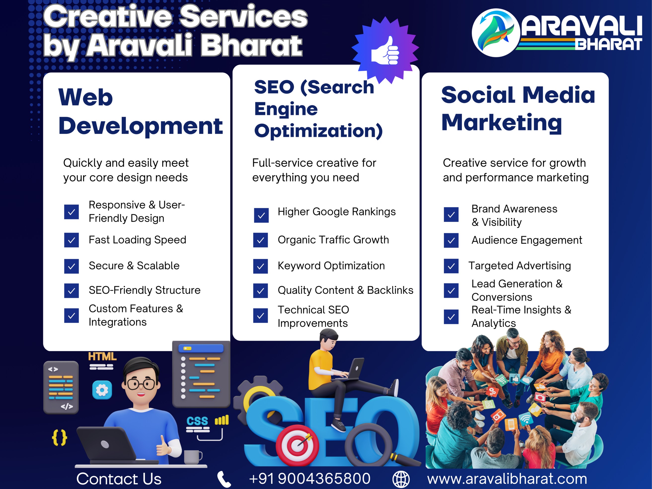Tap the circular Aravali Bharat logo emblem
496,33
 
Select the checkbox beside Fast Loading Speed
71,240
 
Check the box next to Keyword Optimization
261,266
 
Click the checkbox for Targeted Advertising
451,266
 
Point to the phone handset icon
224,479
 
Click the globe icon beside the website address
401,479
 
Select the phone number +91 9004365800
309,478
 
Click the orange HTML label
102,357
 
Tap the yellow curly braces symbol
60,438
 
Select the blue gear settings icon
102,390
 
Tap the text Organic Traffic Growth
333,240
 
